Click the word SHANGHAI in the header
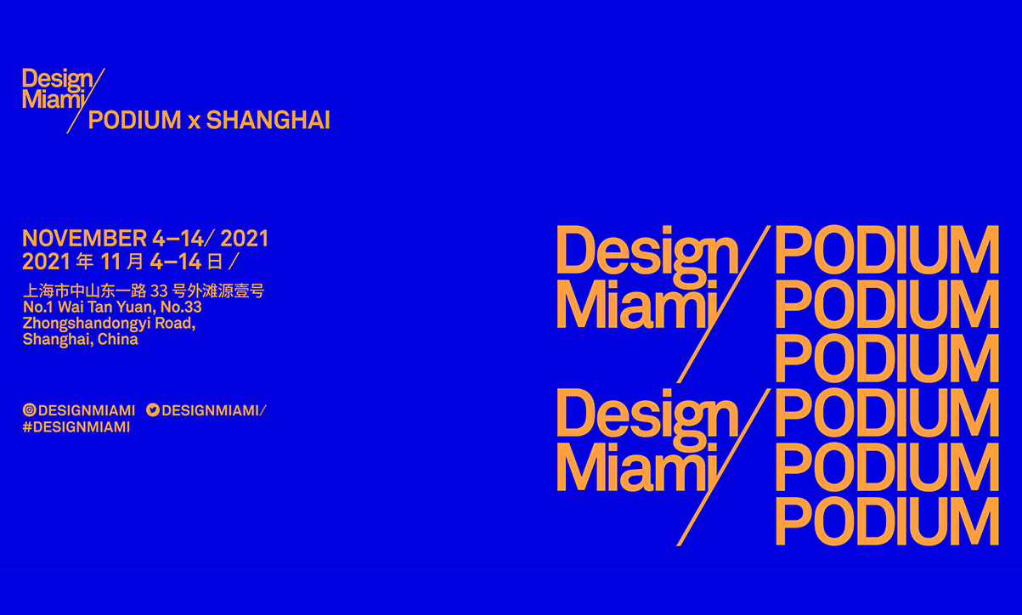tap(268, 120)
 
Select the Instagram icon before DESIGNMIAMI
tap(30, 410)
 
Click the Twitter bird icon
tap(153, 410)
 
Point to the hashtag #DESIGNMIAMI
tap(76, 427)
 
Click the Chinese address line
tap(144, 291)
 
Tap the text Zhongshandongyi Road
tap(109, 324)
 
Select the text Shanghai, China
tap(80, 340)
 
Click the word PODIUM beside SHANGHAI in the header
tap(135, 120)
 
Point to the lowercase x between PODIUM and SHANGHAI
tap(194, 121)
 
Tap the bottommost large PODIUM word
tap(886, 521)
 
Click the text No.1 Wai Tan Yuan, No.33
tap(112, 307)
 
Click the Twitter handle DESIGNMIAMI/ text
tap(212, 410)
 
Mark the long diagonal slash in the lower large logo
tap(722, 467)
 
